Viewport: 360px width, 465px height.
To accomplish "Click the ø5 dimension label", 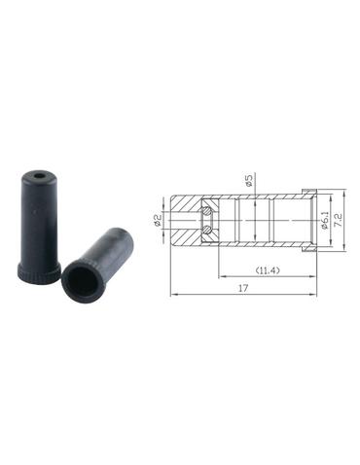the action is (x=249, y=180).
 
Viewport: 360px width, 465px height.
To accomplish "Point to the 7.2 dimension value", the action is (x=339, y=221).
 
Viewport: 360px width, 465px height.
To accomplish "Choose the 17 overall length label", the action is (x=243, y=288).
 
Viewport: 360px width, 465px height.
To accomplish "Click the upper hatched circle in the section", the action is (x=207, y=212).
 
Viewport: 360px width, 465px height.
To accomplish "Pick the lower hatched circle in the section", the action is (x=207, y=230).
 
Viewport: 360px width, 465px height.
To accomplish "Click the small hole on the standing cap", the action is (x=40, y=176).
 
